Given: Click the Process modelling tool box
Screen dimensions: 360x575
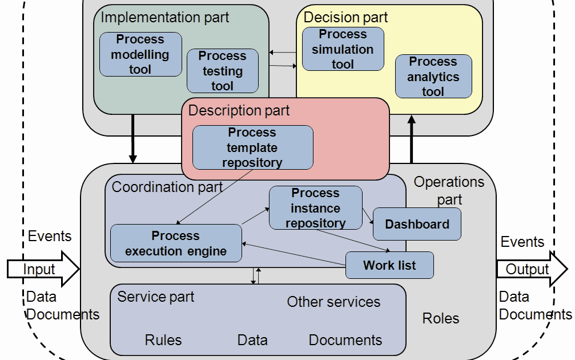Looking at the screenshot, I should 140,54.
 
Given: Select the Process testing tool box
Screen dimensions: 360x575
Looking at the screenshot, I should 222,71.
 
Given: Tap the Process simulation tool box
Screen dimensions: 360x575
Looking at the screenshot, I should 343,49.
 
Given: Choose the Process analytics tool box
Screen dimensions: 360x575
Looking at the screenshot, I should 433,76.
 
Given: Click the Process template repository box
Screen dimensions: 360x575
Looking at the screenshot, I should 252,147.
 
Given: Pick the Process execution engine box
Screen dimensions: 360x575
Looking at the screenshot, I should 176,243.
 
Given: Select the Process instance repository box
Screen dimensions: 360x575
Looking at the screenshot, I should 315,208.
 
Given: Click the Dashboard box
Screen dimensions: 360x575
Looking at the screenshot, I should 417,225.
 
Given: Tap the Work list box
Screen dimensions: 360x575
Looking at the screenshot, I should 389,265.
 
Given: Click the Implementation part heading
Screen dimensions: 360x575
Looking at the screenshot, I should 164,17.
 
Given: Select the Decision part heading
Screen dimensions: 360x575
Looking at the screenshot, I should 345,17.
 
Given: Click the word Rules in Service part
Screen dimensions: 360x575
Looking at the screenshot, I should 163,340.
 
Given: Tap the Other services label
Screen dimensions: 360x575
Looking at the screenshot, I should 333,302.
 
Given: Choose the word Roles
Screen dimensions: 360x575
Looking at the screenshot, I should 440,318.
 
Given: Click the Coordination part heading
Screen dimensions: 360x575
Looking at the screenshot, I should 167,187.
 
